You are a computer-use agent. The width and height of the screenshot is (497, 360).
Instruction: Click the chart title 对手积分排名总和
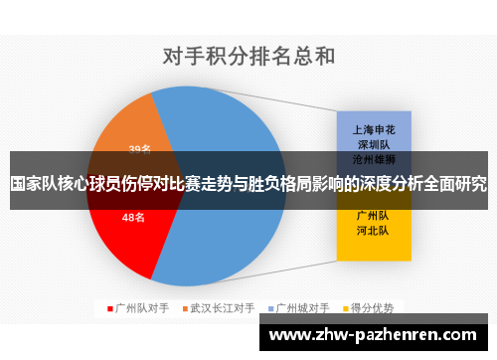click(248, 56)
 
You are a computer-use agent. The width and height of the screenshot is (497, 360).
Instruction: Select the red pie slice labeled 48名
click(124, 234)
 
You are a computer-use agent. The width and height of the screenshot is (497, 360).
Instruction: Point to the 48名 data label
click(134, 217)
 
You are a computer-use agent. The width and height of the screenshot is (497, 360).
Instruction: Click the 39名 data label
click(140, 149)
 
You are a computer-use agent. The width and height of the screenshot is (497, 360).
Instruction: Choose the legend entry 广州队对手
click(142, 307)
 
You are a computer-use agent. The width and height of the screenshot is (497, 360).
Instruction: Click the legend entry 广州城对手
click(301, 307)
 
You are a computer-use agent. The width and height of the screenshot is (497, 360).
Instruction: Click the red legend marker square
click(110, 307)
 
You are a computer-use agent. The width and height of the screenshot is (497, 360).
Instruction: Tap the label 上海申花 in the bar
click(373, 128)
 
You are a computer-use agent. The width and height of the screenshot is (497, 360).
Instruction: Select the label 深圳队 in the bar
click(373, 143)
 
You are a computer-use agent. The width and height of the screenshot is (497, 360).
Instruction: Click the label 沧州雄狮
click(373, 158)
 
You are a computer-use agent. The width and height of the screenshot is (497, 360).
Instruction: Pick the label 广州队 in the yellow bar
click(373, 215)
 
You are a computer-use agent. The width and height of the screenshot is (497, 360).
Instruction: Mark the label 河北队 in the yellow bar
click(373, 231)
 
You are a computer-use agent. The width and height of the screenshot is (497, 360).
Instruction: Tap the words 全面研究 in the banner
click(456, 184)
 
